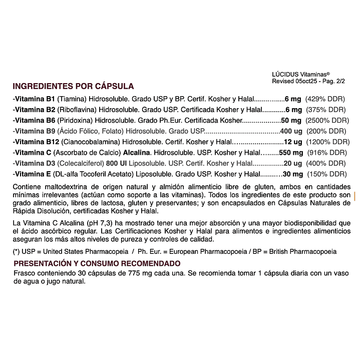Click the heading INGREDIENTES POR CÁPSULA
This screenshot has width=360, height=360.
click(73, 86)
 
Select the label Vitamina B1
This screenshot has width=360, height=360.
click(34, 99)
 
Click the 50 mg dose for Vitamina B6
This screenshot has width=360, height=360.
click(291, 121)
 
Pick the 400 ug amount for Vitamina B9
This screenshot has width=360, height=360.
click(291, 131)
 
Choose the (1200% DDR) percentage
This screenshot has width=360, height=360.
click(327, 142)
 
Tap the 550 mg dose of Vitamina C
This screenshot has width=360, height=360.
click(291, 153)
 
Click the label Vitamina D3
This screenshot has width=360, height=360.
click(35, 163)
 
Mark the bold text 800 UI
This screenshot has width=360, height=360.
click(118, 163)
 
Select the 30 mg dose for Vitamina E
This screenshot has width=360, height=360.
click(293, 174)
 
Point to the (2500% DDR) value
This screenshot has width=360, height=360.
click(327, 121)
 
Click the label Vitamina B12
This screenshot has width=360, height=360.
click(36, 142)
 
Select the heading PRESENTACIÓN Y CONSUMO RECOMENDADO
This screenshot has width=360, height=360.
click(97, 263)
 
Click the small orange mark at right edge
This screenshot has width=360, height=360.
click(354, 196)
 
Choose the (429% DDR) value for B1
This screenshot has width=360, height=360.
click(325, 99)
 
